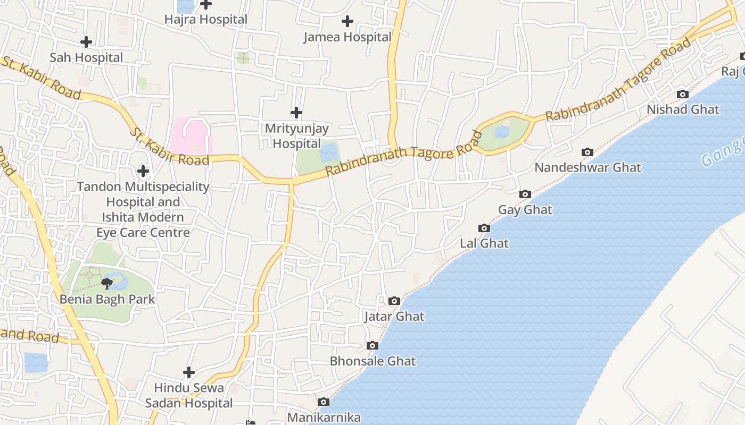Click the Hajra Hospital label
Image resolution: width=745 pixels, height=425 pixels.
point(205,20)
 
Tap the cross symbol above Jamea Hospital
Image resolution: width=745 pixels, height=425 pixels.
point(347,21)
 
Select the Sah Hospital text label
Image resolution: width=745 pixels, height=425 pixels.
point(86,57)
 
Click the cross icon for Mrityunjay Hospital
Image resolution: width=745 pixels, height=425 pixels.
point(296,113)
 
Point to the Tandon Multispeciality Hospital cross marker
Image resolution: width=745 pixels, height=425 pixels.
point(143,171)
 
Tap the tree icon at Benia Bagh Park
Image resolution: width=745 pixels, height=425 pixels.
point(107,283)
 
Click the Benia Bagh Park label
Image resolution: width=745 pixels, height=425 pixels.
point(107,299)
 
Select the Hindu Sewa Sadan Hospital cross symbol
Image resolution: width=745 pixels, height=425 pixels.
point(188,372)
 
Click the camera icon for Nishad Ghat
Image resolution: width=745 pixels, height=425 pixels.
point(682,95)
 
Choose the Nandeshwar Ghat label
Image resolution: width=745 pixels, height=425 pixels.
point(587,167)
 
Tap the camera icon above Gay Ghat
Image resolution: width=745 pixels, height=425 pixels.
point(525,194)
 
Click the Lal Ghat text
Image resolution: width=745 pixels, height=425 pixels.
point(484,243)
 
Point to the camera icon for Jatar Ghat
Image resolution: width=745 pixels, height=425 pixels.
point(394,301)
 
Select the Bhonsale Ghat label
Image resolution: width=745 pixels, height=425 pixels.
point(372,361)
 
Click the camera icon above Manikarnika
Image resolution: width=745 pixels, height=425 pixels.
point(323,402)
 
